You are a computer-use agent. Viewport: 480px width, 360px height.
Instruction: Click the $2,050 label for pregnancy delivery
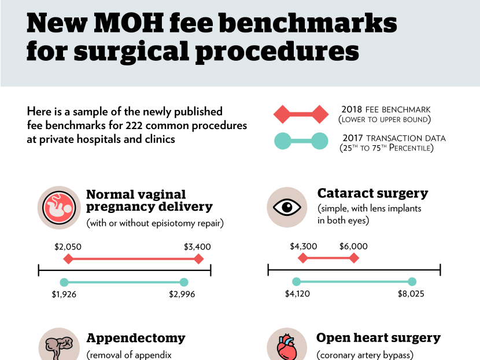[x=68, y=247]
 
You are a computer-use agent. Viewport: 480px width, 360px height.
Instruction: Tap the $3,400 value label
[x=197, y=247]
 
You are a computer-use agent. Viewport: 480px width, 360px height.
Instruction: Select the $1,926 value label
[x=64, y=294]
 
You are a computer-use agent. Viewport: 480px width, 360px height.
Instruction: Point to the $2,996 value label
[x=182, y=294]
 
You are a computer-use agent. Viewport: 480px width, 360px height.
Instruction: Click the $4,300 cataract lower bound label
[x=303, y=246]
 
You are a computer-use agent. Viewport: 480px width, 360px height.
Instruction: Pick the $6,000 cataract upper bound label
[x=353, y=246]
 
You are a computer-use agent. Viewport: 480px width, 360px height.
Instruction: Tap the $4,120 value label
[x=297, y=294]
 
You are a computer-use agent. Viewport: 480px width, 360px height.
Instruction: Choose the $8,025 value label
[x=411, y=294]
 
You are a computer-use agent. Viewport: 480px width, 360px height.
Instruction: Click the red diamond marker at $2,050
[x=68, y=259]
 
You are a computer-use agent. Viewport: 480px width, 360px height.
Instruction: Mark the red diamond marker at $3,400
[x=199, y=259]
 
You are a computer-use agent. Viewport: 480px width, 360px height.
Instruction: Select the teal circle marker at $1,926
[x=64, y=282]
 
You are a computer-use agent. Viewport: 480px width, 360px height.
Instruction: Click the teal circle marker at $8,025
[x=412, y=282]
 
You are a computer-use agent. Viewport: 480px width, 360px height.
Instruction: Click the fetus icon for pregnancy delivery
[x=58, y=207]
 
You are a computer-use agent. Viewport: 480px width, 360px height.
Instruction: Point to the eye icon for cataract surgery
[x=287, y=207]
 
